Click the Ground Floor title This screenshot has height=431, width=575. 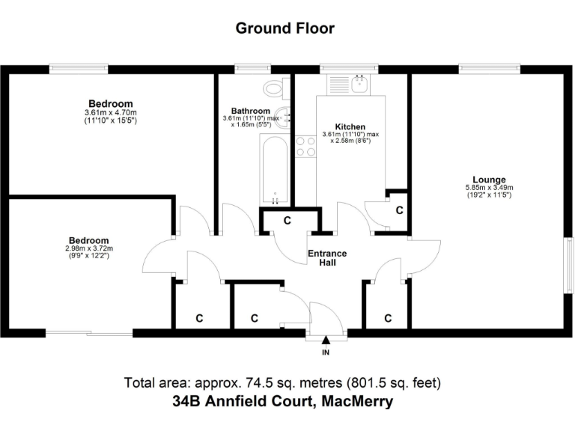(285, 28)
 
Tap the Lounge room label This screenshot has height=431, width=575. (490, 180)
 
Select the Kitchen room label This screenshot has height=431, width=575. (350, 126)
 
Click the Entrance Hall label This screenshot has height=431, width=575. (327, 257)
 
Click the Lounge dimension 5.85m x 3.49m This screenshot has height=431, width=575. (490, 188)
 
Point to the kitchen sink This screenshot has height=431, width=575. (359, 85)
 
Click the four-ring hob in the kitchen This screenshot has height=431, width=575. (305, 146)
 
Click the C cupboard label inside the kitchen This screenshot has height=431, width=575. (399, 211)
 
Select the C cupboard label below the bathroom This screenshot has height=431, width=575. (287, 221)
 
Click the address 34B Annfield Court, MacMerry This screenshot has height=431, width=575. (282, 402)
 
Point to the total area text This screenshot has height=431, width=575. (282, 382)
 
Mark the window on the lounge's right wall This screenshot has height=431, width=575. (568, 262)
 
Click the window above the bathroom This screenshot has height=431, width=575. (246, 69)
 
